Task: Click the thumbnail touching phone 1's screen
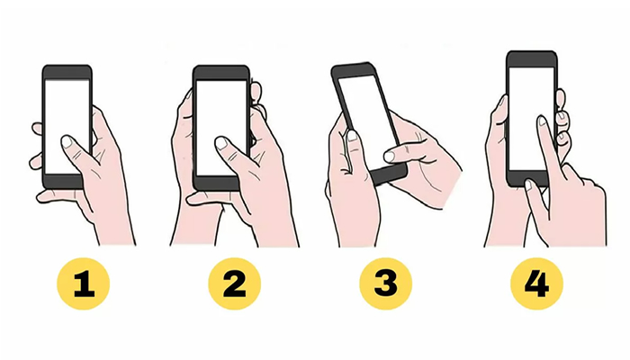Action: pos(67,141)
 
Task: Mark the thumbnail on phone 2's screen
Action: pos(221,142)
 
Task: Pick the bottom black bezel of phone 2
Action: pos(221,182)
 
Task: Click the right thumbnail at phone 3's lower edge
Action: pos(390,157)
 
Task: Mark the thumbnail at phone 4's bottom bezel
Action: pos(531,185)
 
